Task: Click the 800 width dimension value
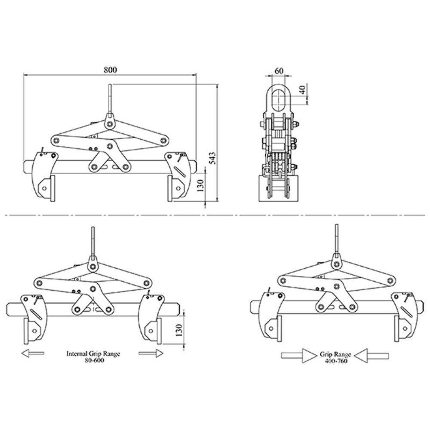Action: [x=110, y=70]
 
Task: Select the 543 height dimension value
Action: [x=213, y=158]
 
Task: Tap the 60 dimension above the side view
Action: [x=279, y=71]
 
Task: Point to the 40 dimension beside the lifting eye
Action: [x=302, y=90]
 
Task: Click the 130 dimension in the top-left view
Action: [x=201, y=186]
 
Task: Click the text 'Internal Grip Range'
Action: [x=93, y=353]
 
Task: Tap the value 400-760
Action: [x=336, y=361]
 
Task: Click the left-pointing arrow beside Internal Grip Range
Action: [x=33, y=353]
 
